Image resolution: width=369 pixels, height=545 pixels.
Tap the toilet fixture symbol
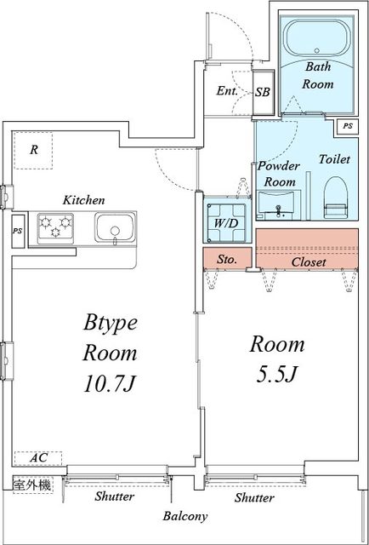point(337,197)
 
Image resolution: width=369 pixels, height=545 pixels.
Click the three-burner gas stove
point(55,228)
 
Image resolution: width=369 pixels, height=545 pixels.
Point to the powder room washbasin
point(276,205)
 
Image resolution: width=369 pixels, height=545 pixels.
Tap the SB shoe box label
point(263,93)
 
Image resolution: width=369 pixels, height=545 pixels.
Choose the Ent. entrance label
point(227,91)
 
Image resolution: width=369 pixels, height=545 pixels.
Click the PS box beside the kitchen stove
point(18,232)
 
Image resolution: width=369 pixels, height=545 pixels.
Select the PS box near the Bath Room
point(348,127)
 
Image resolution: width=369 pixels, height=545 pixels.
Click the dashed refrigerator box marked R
point(33,150)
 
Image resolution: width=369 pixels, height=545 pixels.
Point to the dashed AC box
point(38,458)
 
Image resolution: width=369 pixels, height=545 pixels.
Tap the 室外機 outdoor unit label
point(32,485)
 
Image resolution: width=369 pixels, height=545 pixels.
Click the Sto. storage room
point(227,258)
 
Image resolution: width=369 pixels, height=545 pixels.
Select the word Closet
point(309,261)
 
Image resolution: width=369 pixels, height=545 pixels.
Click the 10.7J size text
point(110,385)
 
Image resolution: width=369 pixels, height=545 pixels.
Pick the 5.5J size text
point(276,375)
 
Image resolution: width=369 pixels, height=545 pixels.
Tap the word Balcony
point(185,517)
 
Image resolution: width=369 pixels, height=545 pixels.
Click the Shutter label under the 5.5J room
point(255,497)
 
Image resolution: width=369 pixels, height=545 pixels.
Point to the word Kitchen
point(83,200)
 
